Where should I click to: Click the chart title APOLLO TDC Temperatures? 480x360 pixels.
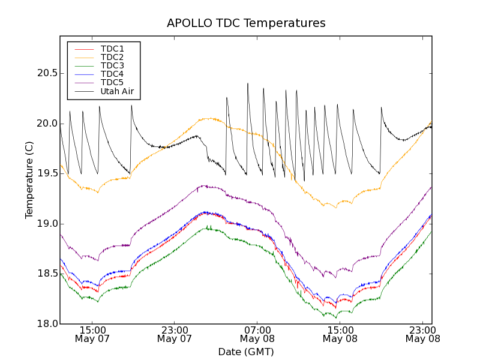(x=246, y=23)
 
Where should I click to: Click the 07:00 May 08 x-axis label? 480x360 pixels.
(x=257, y=334)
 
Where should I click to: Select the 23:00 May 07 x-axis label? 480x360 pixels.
(x=175, y=334)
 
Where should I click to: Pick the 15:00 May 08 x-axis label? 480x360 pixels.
(x=340, y=334)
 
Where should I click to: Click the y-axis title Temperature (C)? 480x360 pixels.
(x=29, y=180)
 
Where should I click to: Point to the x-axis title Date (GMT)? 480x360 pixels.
(x=246, y=352)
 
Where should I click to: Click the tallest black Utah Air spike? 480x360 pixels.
(x=247, y=84)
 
